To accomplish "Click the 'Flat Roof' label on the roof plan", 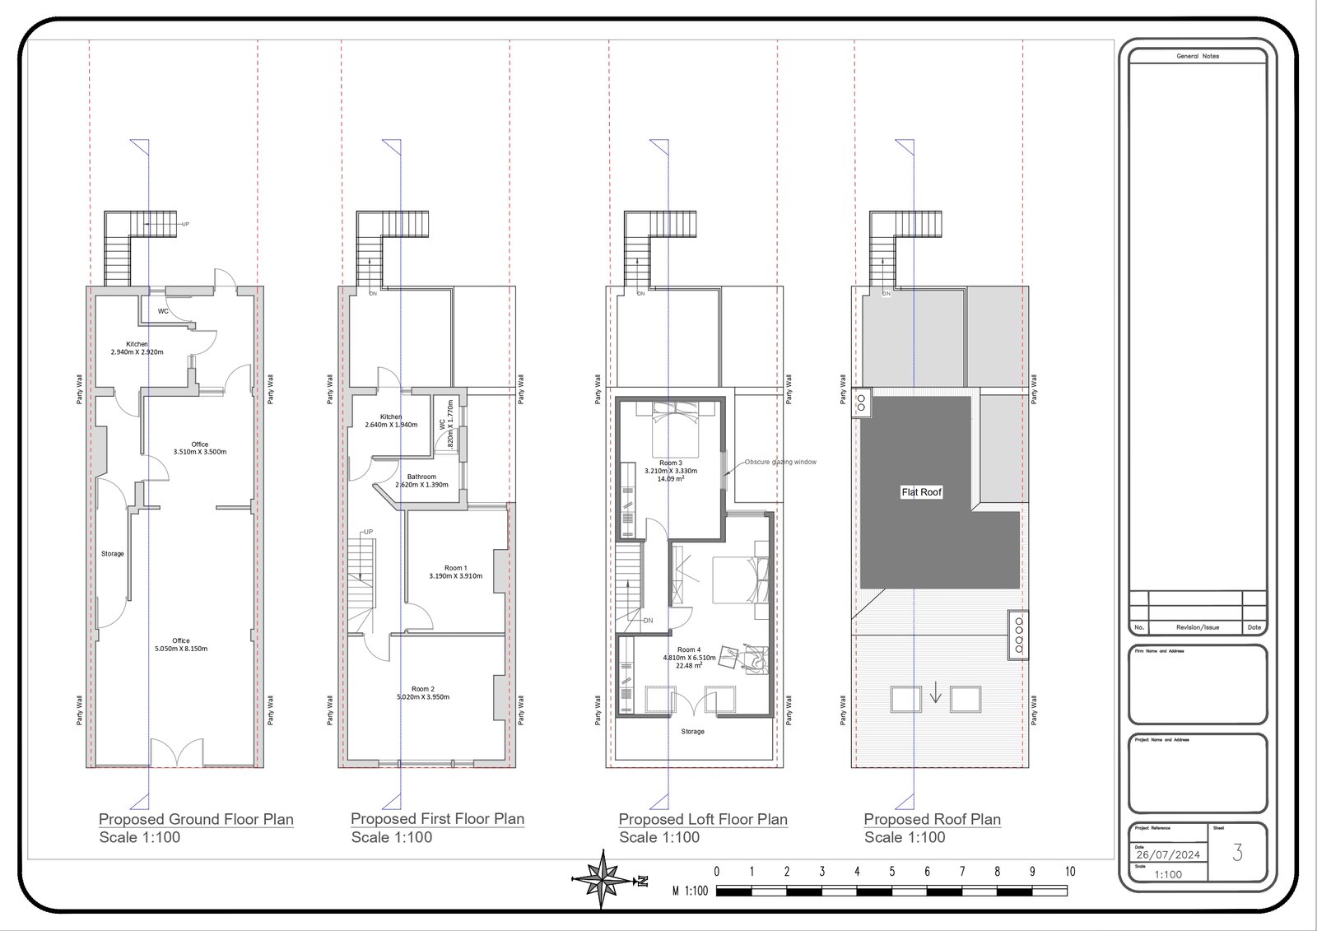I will (x=921, y=492).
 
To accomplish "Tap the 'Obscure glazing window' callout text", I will (x=780, y=462).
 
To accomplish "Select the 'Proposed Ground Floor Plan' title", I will (x=196, y=819).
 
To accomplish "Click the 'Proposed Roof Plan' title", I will (x=932, y=819).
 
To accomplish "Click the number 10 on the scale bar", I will (x=1070, y=872).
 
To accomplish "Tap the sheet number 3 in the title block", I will (x=1237, y=853).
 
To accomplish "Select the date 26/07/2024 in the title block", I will (x=1166, y=854).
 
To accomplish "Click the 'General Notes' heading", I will (x=1198, y=56).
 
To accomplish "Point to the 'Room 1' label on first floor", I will (x=455, y=568).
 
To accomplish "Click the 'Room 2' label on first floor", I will (x=422, y=689).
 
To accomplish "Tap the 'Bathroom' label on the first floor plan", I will (x=421, y=477).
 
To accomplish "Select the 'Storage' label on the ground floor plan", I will (x=113, y=553).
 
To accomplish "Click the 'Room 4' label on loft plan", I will (x=689, y=649).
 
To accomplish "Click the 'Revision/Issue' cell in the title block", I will (x=1198, y=627).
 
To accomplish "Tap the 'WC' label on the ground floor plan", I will (x=163, y=311).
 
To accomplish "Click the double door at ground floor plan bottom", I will (x=175, y=752).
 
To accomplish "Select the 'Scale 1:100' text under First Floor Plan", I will (x=391, y=837).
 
